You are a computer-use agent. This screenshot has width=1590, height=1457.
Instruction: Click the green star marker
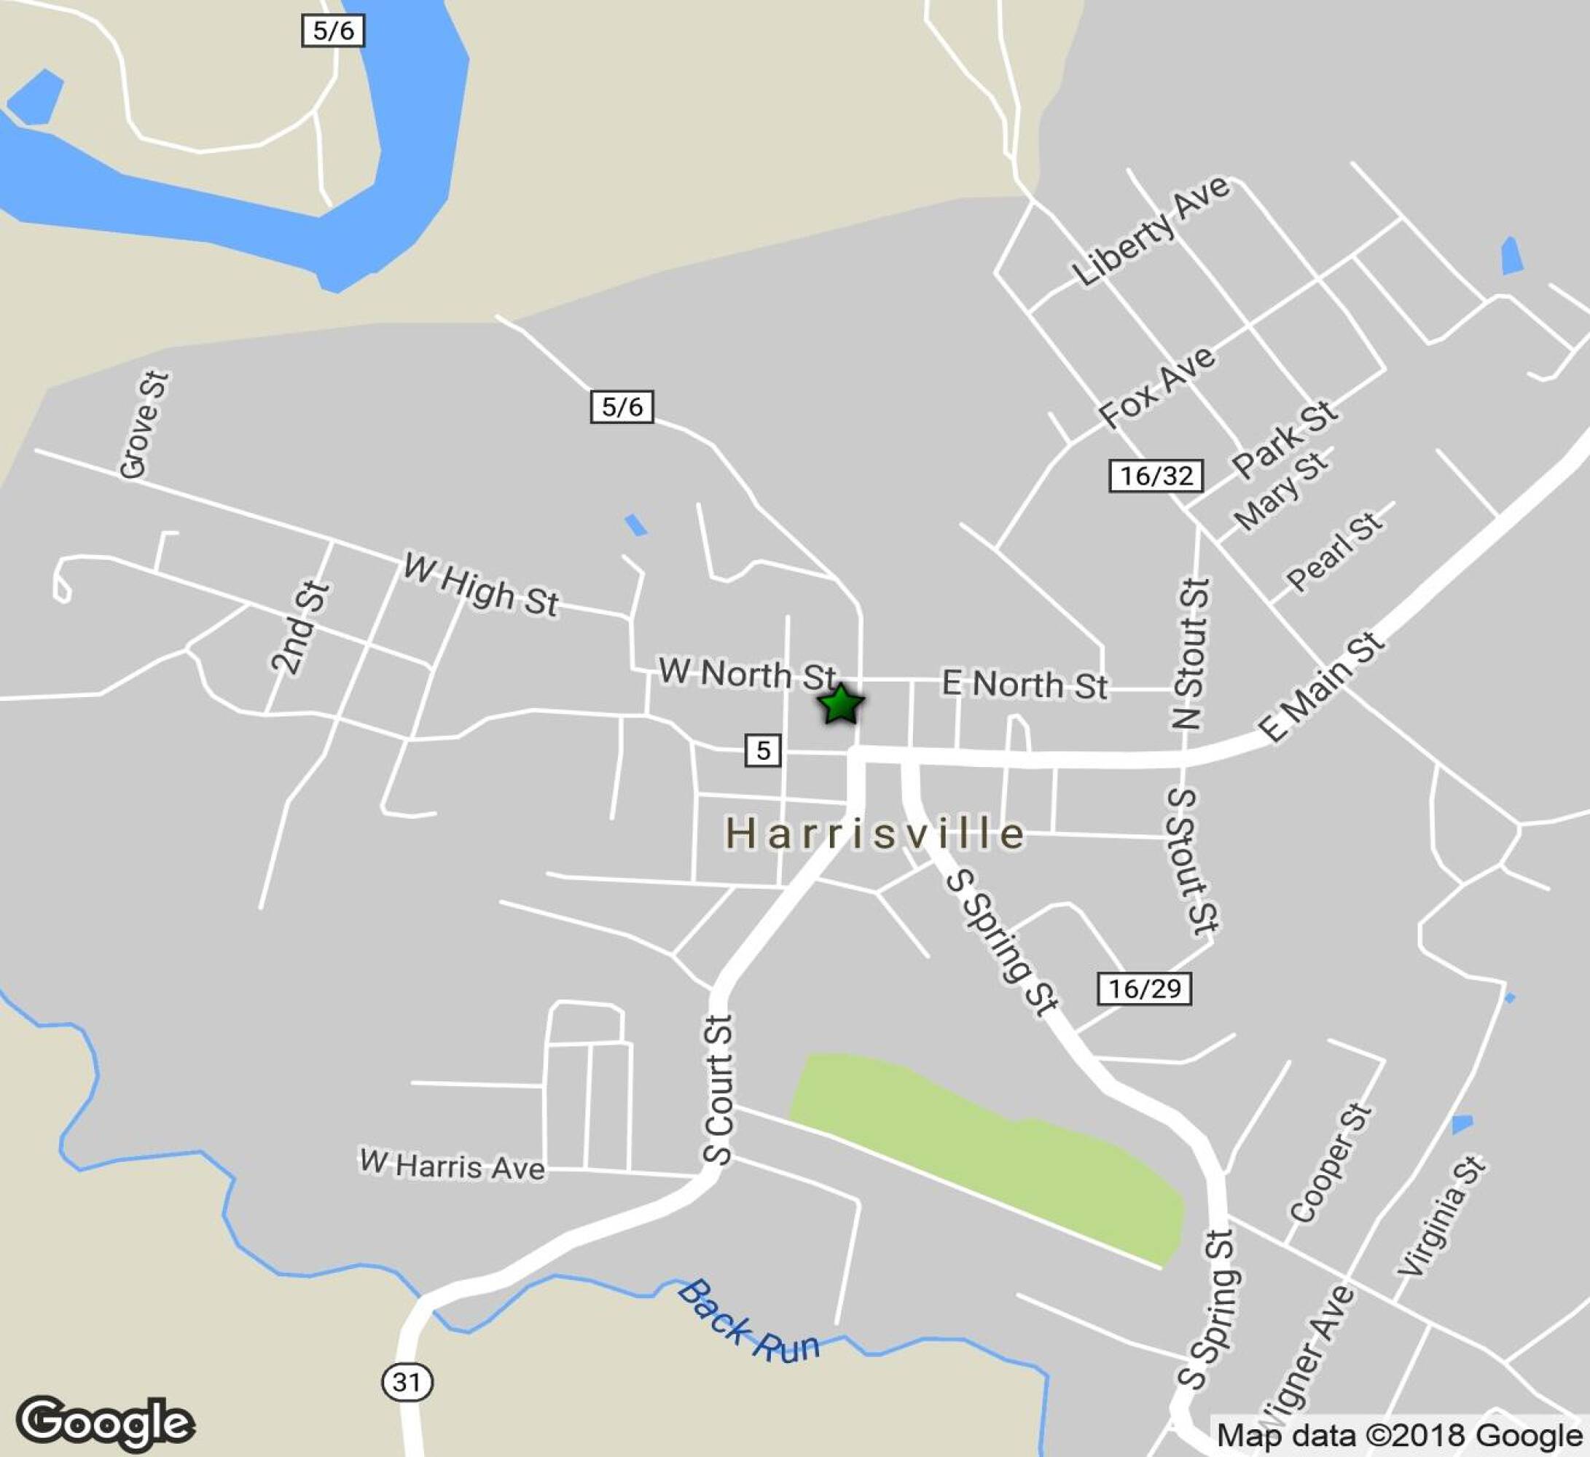(841, 704)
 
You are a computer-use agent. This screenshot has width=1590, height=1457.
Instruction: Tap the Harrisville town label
(874, 834)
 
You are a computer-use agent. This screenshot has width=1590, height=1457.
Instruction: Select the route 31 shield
(407, 1381)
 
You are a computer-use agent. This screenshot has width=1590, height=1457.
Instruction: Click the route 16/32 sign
(1156, 476)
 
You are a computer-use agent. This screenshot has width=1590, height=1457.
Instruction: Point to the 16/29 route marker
(1143, 988)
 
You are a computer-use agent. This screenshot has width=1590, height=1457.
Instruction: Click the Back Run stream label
(748, 1322)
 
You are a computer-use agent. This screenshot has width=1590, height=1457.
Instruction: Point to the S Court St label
(718, 1089)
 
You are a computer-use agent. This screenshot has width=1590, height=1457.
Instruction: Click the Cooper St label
(1331, 1163)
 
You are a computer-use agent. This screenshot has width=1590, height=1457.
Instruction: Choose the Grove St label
(144, 425)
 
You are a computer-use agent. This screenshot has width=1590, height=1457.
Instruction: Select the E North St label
(1025, 684)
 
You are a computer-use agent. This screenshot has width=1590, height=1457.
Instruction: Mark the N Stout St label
(1191, 653)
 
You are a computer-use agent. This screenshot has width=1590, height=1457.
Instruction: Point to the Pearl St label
(1334, 552)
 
